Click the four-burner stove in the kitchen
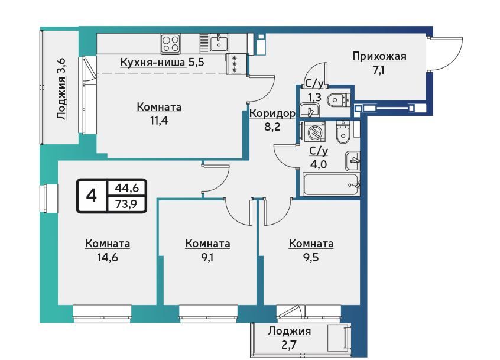[x=170, y=44]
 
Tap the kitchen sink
[x=219, y=43]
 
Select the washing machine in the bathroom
[x=315, y=131]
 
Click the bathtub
[x=332, y=184]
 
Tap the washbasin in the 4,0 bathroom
[x=352, y=160]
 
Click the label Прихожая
[x=379, y=57]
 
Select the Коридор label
[x=272, y=113]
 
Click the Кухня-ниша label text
[x=152, y=62]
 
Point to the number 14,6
[x=108, y=257]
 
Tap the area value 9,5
[x=311, y=257]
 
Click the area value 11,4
[x=159, y=121]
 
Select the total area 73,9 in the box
[x=126, y=204]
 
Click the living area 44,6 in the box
[x=126, y=188]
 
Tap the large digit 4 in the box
[x=92, y=195]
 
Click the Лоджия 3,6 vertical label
[x=61, y=89]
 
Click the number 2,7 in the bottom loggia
[x=289, y=345]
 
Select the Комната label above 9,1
[x=207, y=244]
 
